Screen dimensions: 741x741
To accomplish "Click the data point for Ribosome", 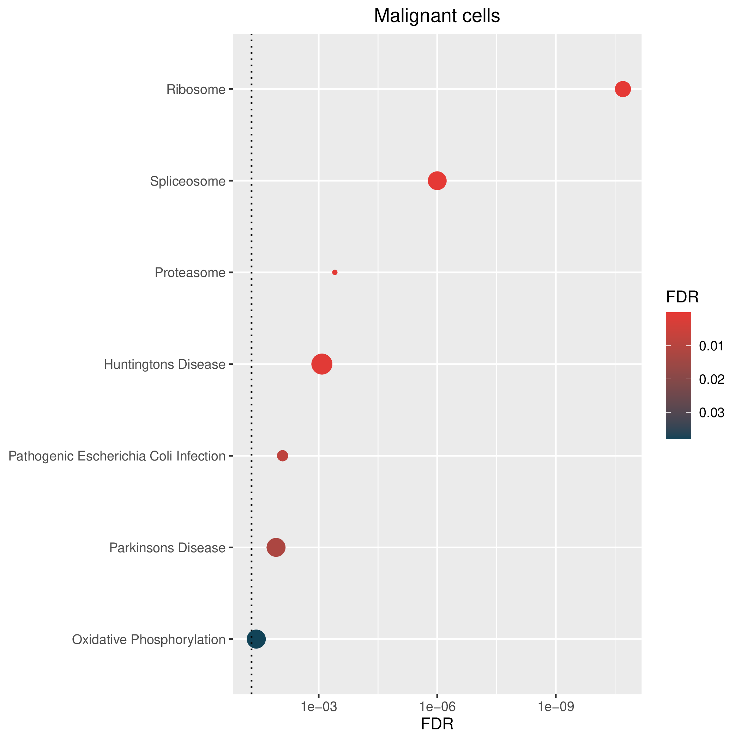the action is [623, 89].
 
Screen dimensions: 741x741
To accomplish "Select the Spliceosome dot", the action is [437, 181].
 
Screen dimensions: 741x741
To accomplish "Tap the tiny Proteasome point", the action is [335, 272].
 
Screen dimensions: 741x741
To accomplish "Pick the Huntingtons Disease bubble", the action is [322, 364].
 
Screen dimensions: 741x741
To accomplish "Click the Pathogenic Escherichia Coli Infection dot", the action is [282, 456].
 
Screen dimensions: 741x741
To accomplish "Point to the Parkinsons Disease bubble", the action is [276, 547].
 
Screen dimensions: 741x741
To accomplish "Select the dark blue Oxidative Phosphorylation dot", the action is [256, 639].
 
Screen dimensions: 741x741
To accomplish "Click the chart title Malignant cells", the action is [437, 16].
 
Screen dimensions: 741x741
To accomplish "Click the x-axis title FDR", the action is [437, 724].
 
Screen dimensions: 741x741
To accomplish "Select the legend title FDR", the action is [682, 297].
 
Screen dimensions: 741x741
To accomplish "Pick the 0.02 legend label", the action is [711, 380].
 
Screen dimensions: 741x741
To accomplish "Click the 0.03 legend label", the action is [711, 413].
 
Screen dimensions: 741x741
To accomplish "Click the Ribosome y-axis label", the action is [195, 90].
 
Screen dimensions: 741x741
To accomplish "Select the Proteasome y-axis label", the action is [190, 273].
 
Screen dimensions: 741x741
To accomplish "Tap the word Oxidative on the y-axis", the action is [100, 639].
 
